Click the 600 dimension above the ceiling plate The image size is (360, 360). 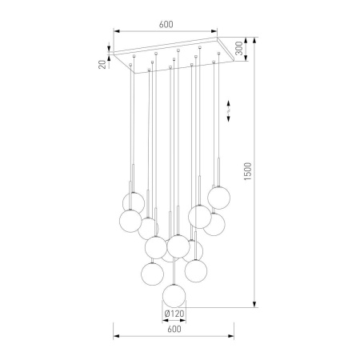(166, 24)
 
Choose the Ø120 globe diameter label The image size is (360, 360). (174, 313)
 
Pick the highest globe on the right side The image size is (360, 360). (220, 197)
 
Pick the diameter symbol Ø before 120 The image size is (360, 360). (165, 313)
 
